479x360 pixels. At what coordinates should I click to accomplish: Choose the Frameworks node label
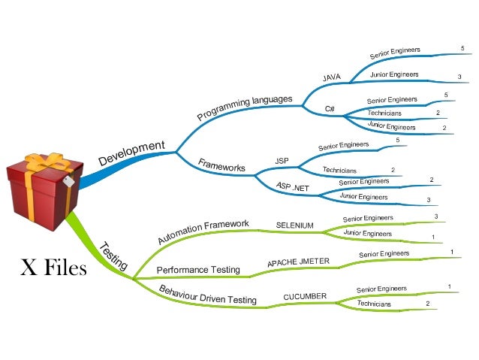coord(221,165)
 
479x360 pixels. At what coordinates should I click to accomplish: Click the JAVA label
coord(332,77)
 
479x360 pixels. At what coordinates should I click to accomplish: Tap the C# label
coord(330,109)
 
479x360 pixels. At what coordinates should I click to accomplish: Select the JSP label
coord(282,161)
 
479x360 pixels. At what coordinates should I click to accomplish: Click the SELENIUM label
coord(294,225)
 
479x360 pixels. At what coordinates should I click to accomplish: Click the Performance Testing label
coord(198,269)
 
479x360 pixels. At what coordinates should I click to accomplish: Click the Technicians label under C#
coord(384,113)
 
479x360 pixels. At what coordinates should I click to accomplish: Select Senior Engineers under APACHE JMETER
coord(384,254)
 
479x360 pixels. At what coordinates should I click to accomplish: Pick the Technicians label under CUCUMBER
coord(374,304)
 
